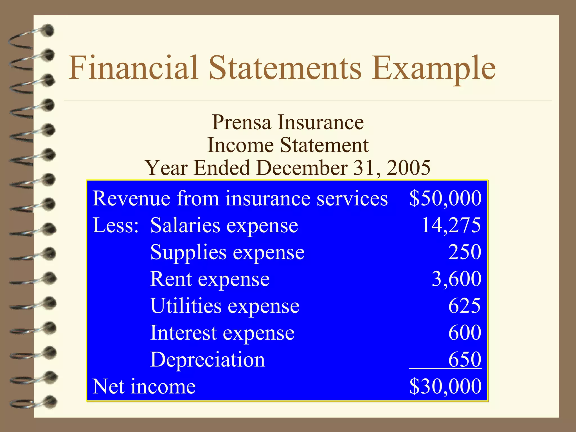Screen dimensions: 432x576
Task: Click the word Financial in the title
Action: point(133,68)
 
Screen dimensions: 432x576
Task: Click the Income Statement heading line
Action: point(288,145)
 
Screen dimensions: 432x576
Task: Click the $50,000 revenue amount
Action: point(445,199)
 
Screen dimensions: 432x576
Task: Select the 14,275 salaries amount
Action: point(451,225)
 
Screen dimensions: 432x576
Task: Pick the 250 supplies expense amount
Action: point(465,252)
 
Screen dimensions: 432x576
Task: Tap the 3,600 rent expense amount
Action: point(456,279)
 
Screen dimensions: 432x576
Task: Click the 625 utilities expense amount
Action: point(465,306)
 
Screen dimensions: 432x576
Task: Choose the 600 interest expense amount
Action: point(465,333)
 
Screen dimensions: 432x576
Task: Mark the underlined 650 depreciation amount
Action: point(465,359)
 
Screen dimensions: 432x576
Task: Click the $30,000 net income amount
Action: point(445,386)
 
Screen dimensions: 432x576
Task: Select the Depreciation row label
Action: point(208,360)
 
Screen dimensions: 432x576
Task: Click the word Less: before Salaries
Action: point(116,226)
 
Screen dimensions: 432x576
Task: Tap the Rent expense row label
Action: point(210,279)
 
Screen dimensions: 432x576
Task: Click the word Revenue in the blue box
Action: point(131,199)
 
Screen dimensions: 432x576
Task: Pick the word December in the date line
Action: point(302,168)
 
